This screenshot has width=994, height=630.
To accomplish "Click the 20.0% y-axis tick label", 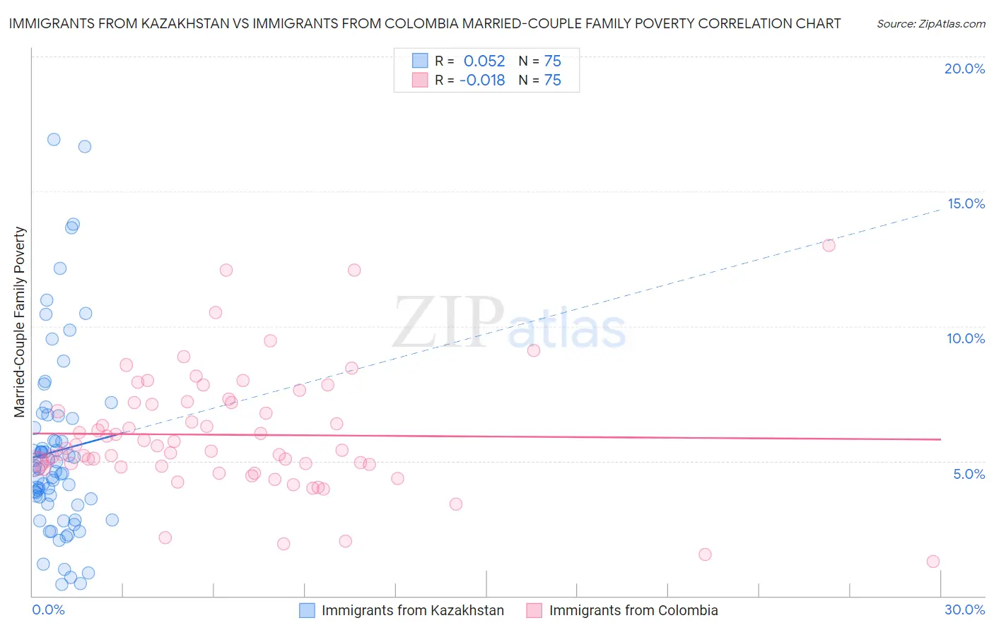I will point(964,69).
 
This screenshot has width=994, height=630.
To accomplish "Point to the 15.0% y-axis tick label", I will point(966,203).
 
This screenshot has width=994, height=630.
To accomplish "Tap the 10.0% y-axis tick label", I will point(966,338).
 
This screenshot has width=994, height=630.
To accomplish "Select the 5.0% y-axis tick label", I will point(969,474).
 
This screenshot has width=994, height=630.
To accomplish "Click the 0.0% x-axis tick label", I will point(48,610).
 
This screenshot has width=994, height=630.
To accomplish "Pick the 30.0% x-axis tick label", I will point(964,610).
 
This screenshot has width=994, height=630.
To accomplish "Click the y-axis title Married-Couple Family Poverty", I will point(20,322).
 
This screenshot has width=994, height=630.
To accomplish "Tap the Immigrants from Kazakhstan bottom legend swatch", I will point(307,610).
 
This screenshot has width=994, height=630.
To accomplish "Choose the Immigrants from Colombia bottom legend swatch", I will point(534,610).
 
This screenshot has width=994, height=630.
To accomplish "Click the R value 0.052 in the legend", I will point(484,61).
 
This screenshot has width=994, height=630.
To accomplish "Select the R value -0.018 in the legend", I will point(482,81).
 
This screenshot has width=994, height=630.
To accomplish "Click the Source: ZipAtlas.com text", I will point(930,24).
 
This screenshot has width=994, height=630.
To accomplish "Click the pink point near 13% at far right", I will point(829,245).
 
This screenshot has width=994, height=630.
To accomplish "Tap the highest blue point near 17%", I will point(54,139).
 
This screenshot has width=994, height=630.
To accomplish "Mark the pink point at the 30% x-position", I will point(932,561).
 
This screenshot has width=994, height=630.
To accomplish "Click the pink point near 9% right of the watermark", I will point(534,350).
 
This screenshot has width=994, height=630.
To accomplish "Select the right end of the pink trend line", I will point(941,439).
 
